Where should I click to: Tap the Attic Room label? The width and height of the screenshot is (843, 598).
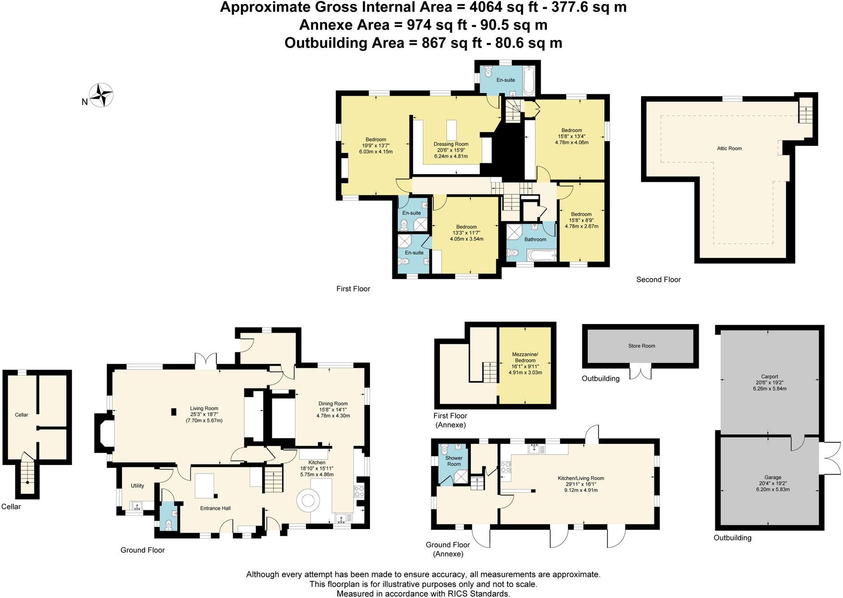click(x=729, y=148)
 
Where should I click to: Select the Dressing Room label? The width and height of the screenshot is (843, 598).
click(x=451, y=144)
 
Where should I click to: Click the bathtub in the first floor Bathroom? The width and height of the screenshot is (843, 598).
click(x=542, y=256)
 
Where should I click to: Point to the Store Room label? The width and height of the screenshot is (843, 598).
click(x=641, y=346)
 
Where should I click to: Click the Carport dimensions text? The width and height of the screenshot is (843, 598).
click(x=770, y=385)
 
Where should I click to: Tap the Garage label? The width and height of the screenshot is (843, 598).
click(x=773, y=477)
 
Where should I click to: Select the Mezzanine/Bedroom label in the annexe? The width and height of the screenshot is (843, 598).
click(x=525, y=357)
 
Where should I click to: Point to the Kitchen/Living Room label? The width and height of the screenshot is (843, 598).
click(x=581, y=478)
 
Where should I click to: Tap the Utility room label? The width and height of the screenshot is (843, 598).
click(x=137, y=486)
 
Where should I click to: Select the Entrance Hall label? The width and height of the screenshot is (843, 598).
click(x=215, y=508)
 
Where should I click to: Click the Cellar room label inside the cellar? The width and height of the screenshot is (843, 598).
click(x=22, y=414)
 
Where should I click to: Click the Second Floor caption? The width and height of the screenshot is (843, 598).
click(x=658, y=279)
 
